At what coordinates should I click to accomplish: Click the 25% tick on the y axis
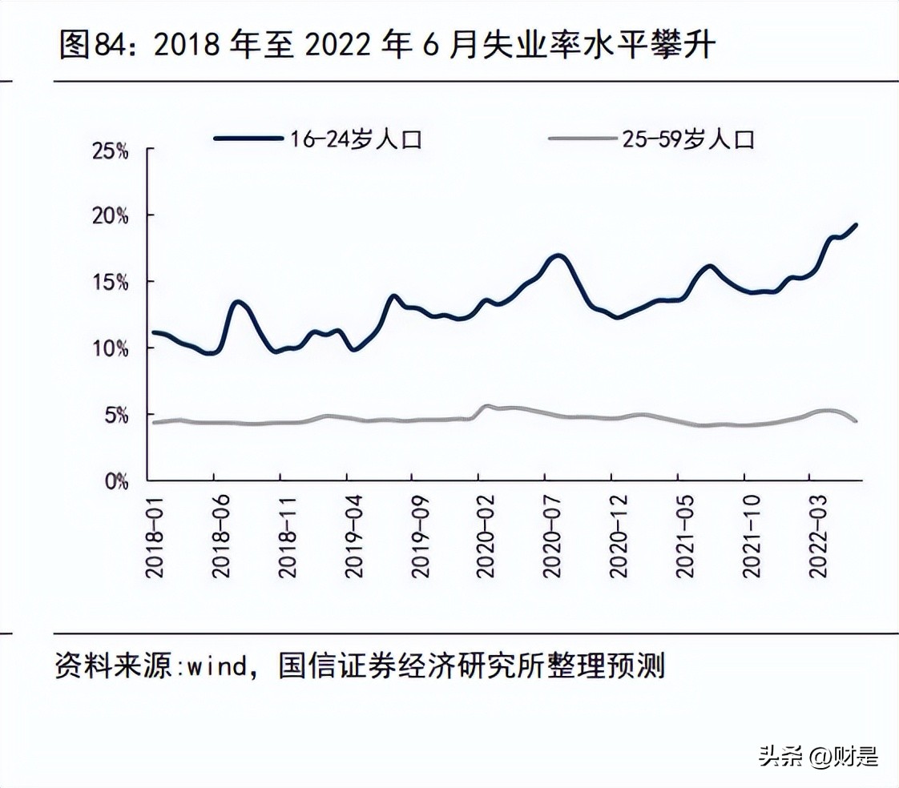click(x=111, y=151)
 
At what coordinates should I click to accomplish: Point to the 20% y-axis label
click(x=111, y=216)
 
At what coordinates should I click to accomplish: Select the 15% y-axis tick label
click(x=111, y=283)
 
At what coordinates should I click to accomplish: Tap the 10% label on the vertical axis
click(x=111, y=349)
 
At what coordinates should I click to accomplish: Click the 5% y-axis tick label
click(x=115, y=416)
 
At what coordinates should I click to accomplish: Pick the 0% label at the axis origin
click(x=115, y=481)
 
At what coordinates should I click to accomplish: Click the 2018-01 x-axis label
click(x=154, y=532)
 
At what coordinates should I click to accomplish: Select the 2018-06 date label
click(x=221, y=532)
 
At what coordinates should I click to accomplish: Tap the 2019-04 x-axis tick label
click(x=353, y=532)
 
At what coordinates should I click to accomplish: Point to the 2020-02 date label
click(x=486, y=532)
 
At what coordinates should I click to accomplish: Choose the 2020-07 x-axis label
click(x=552, y=532)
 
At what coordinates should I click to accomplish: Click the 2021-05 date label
click(x=685, y=532)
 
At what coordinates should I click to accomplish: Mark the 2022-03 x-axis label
click(x=817, y=532)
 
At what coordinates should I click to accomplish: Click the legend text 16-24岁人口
click(x=353, y=139)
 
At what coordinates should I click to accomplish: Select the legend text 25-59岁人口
click(x=688, y=139)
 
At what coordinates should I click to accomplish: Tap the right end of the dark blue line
click(x=857, y=225)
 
